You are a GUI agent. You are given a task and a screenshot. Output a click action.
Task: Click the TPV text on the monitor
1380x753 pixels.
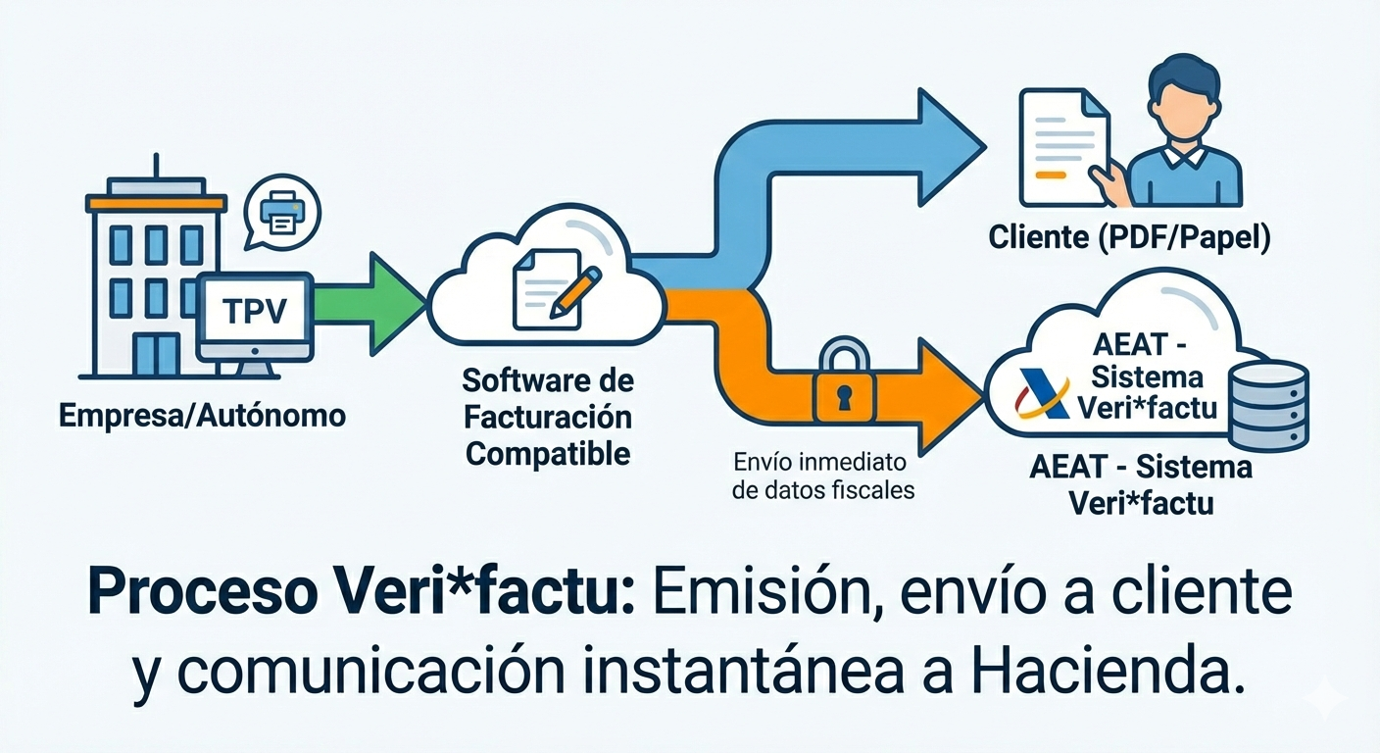(x=254, y=312)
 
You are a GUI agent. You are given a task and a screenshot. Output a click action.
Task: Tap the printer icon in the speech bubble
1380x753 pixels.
(x=282, y=212)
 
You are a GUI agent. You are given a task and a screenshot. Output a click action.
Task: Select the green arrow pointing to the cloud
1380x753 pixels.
(x=368, y=302)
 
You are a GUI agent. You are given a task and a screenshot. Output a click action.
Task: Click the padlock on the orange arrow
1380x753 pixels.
(x=842, y=384)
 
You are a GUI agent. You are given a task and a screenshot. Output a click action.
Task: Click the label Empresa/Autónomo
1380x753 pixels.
(x=203, y=416)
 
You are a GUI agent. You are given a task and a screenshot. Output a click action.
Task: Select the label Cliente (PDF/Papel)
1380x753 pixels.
(x=1129, y=238)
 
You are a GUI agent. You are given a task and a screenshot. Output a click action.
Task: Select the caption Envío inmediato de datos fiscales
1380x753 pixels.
(x=823, y=476)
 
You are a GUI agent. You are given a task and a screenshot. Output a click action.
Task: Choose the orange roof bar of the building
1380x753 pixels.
(x=156, y=203)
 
